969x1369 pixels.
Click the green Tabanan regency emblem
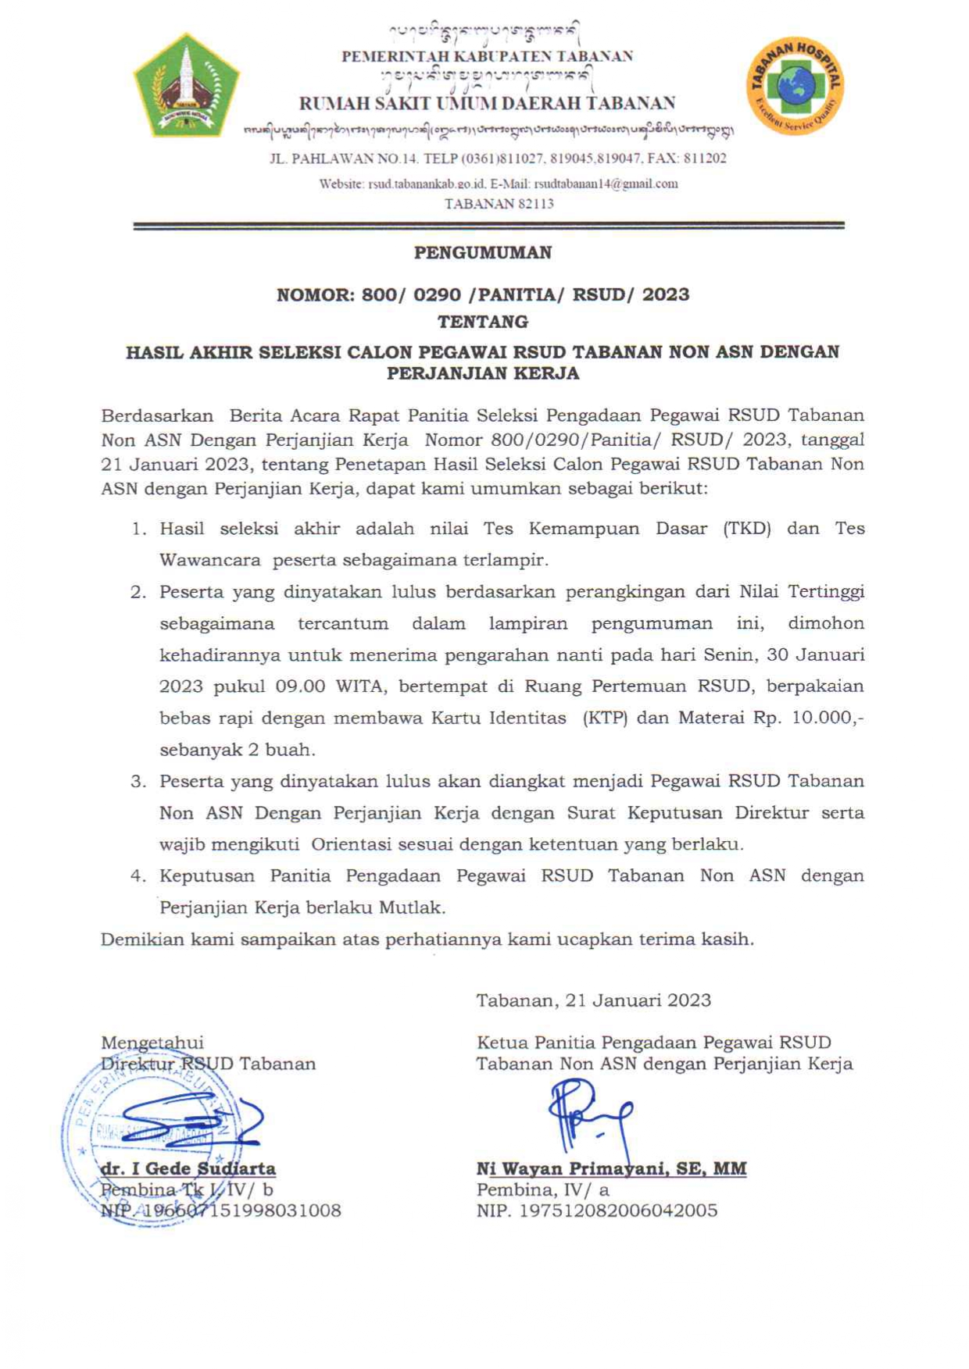tap(186, 86)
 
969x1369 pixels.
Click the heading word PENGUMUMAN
tap(483, 253)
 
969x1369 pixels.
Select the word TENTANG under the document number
tap(483, 322)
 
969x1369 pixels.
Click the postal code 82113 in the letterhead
tap(535, 204)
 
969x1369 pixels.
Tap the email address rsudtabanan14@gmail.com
tap(605, 184)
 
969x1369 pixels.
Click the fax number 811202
tap(705, 159)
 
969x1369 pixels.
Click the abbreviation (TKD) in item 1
tap(747, 529)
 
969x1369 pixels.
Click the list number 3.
tap(138, 782)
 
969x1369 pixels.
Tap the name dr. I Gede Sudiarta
tap(188, 1169)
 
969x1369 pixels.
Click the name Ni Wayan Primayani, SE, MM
tap(611, 1169)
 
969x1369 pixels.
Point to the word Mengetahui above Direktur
tap(152, 1043)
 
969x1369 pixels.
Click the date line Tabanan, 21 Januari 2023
tap(594, 1000)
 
